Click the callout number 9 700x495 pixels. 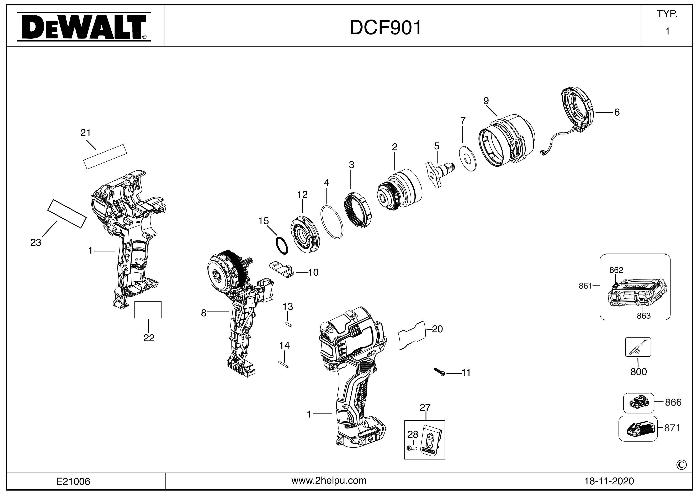coord(486,101)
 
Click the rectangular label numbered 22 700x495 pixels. coord(148,310)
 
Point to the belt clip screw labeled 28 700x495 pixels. coord(413,448)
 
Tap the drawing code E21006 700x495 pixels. coord(73,481)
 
